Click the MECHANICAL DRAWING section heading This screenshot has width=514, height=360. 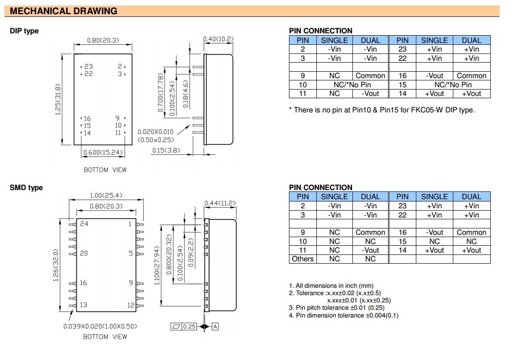click(63, 11)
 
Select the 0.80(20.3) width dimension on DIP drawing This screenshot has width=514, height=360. click(103, 40)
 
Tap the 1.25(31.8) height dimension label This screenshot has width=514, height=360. click(58, 99)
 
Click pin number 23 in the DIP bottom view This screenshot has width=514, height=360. click(88, 67)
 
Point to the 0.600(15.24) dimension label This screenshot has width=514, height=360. click(103, 152)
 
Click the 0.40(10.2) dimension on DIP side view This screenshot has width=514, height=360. click(218, 39)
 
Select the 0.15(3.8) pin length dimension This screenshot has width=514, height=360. click(167, 150)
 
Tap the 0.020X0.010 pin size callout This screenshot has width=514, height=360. click(156, 132)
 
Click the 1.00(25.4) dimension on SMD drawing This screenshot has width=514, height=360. click(106, 196)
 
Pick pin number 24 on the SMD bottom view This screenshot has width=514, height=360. click(84, 224)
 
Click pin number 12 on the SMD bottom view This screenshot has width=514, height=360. click(131, 305)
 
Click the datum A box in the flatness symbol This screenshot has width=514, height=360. click(215, 327)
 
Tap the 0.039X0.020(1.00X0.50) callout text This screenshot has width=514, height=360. click(100, 327)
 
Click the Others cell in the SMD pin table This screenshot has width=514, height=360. click(303, 259)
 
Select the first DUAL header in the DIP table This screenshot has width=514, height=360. click(370, 40)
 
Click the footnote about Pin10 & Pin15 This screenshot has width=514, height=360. click(382, 110)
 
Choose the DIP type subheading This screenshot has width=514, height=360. click(24, 31)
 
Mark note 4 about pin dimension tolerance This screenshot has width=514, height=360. click(343, 315)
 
